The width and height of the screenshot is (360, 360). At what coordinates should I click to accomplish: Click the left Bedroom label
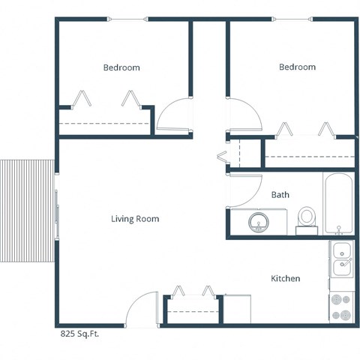pyautogui.click(x=121, y=67)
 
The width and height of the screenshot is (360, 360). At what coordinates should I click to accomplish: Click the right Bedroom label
pyautogui.click(x=297, y=67)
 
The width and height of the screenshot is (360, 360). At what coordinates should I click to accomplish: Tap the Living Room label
pyautogui.click(x=135, y=219)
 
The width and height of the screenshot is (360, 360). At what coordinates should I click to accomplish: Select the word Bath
pyautogui.click(x=280, y=195)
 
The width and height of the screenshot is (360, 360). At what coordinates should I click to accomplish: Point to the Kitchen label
pyautogui.click(x=285, y=278)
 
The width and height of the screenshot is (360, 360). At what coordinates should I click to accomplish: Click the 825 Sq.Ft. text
pyautogui.click(x=79, y=334)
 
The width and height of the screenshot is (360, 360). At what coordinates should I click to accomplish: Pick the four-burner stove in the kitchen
pyautogui.click(x=341, y=307)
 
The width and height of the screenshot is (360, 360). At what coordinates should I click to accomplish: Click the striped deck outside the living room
pyautogui.click(x=25, y=211)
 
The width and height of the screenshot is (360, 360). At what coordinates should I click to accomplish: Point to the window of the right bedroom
pyautogui.click(x=296, y=20)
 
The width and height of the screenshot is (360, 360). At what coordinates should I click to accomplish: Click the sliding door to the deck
pyautogui.click(x=55, y=212)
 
